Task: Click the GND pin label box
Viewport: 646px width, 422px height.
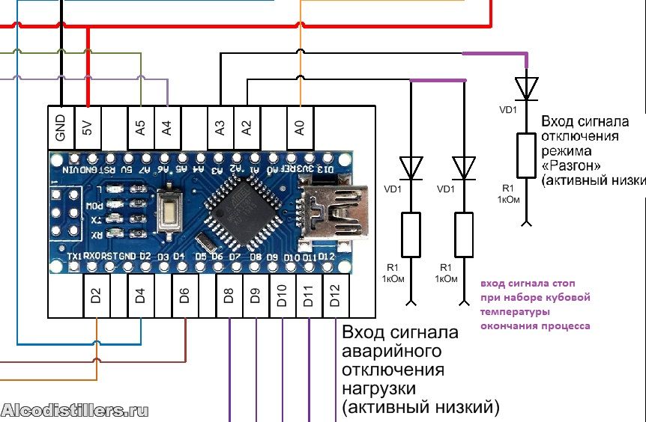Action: (61, 127)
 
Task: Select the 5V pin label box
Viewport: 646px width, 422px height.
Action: (88, 127)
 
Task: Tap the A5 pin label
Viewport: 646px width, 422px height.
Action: (141, 127)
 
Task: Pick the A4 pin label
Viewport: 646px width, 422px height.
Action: (167, 127)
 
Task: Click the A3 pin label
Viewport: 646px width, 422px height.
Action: (220, 127)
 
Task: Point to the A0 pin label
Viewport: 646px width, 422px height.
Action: (301, 127)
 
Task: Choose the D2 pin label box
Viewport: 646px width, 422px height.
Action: (96, 296)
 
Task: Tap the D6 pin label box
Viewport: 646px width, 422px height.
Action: (185, 296)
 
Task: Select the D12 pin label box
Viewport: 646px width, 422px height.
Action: (335, 296)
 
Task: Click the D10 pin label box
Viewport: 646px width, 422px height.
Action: (282, 296)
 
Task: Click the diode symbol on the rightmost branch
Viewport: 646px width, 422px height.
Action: (527, 88)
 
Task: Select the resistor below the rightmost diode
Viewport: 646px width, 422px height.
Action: (527, 155)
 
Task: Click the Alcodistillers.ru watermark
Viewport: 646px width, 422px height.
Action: (75, 410)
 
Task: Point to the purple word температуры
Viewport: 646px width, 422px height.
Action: (516, 311)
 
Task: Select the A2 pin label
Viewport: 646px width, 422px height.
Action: (247, 127)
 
